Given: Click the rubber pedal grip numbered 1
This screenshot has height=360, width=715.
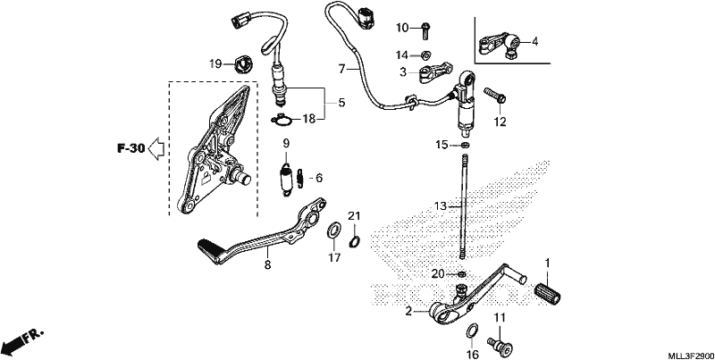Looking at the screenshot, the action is point(548,291).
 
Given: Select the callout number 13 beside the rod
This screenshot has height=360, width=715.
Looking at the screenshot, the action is point(440,206).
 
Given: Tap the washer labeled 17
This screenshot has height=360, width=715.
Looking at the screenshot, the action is point(333,230).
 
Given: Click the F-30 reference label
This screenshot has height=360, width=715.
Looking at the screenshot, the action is point(130,148).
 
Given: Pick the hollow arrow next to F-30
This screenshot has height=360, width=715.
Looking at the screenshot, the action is point(156,148).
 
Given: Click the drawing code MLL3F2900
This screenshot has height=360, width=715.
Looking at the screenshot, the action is point(690,355).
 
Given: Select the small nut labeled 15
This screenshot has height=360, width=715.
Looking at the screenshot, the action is point(465,146).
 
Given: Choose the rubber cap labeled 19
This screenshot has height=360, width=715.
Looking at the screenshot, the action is point(241,63).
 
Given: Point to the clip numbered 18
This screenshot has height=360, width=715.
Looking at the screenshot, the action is point(281,119).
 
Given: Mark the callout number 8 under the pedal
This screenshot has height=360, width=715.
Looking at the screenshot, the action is point(267,264).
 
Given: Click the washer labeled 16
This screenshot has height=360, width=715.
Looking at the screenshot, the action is point(472,331).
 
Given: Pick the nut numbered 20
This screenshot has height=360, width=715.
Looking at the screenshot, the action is point(462,274).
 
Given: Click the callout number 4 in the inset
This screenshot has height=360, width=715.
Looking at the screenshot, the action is point(534,41).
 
